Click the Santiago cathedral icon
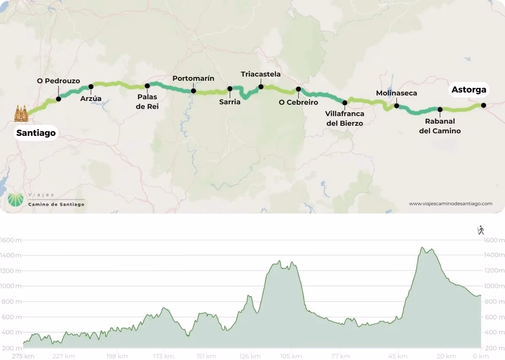(x=21, y=114)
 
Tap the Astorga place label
(x=468, y=90)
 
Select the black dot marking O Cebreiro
(x=298, y=89)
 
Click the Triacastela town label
(x=260, y=74)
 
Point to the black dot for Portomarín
(x=193, y=91)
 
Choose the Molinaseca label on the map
(x=396, y=93)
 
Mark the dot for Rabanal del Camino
(x=440, y=109)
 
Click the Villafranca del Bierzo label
(x=345, y=119)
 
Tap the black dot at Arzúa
(x=90, y=87)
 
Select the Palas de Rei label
(x=147, y=102)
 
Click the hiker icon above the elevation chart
(x=481, y=230)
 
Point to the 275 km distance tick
(x=23, y=356)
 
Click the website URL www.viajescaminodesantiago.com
(x=450, y=204)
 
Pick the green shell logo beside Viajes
(x=16, y=199)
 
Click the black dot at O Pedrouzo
(x=58, y=99)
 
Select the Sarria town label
(x=230, y=102)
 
